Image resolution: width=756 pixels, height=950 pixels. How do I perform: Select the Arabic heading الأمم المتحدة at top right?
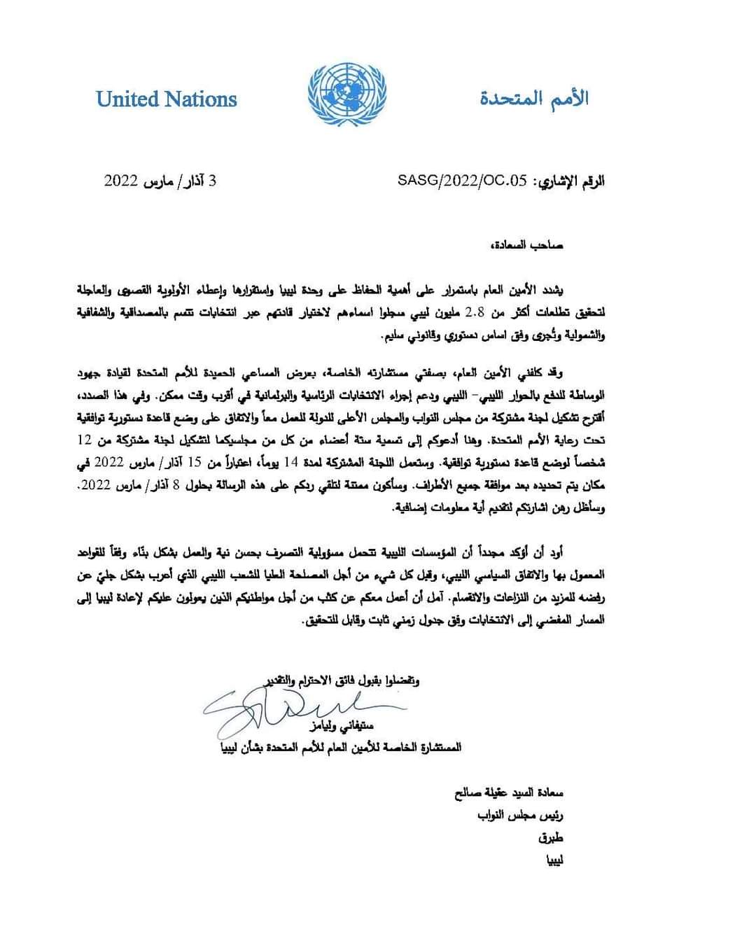click(x=534, y=98)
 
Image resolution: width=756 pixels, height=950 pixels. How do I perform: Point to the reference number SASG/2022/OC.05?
click(x=461, y=181)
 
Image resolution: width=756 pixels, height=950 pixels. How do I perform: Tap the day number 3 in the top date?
click(x=213, y=181)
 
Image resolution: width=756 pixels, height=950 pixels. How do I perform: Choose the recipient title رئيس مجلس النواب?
click(x=519, y=816)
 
